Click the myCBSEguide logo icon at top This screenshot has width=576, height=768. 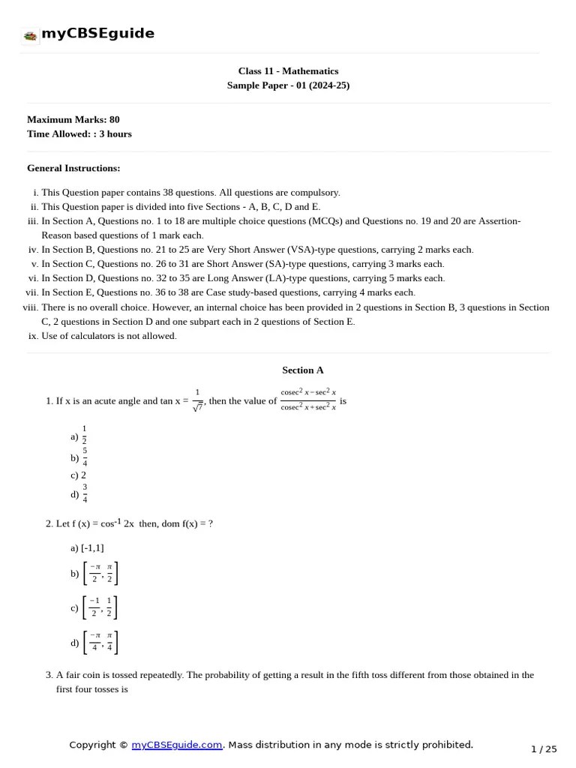pyautogui.click(x=30, y=35)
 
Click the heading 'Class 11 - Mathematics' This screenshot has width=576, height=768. pyautogui.click(x=288, y=71)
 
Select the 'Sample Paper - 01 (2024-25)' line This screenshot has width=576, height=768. pyautogui.click(x=288, y=85)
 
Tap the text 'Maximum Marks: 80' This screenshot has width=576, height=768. pyautogui.click(x=73, y=119)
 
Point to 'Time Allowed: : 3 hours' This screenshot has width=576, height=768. pyautogui.click(x=79, y=133)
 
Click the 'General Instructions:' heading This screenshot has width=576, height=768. pyautogui.click(x=73, y=168)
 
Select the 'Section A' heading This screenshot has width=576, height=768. pyautogui.click(x=303, y=370)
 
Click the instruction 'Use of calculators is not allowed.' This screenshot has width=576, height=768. pyautogui.click(x=109, y=335)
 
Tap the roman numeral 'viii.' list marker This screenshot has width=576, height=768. pyautogui.click(x=30, y=307)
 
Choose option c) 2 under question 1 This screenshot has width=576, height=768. pyautogui.click(x=79, y=475)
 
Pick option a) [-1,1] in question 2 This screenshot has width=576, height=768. pyautogui.click(x=87, y=547)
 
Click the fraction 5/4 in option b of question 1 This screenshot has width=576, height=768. pyautogui.click(x=85, y=457)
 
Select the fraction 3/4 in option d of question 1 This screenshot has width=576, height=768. pyautogui.click(x=85, y=493)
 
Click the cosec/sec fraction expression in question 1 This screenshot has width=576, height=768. pyautogui.click(x=308, y=400)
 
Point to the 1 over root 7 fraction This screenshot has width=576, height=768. pyautogui.click(x=197, y=400)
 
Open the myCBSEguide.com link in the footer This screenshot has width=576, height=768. pyautogui.click(x=177, y=745)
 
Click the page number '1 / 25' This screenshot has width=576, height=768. pyautogui.click(x=544, y=748)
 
